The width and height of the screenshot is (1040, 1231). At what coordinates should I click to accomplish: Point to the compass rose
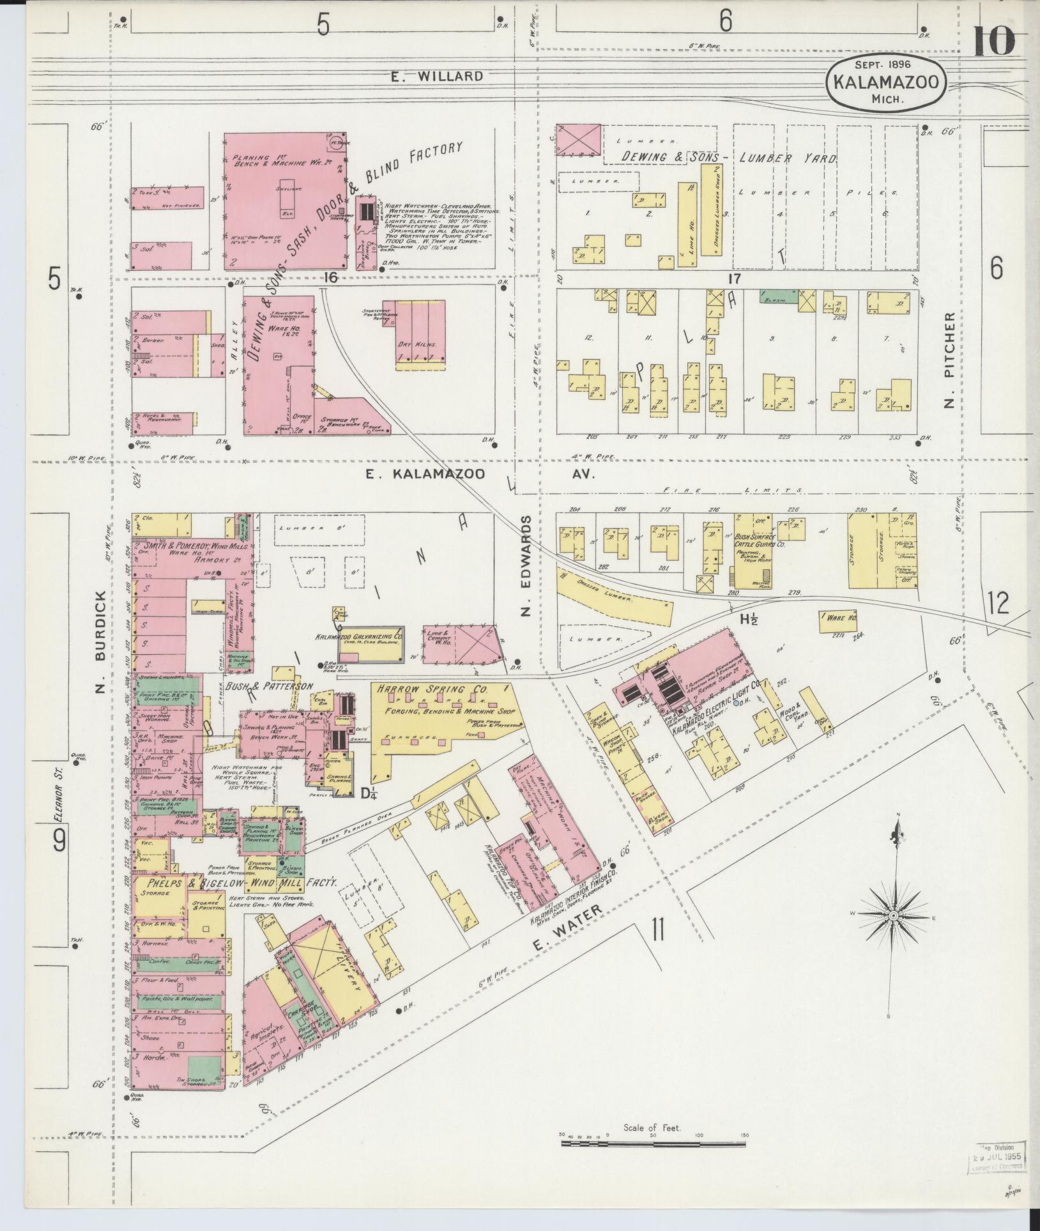click(893, 917)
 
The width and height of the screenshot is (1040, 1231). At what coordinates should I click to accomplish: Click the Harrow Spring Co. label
click(432, 690)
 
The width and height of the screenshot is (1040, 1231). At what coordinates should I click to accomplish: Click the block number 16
click(330, 277)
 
